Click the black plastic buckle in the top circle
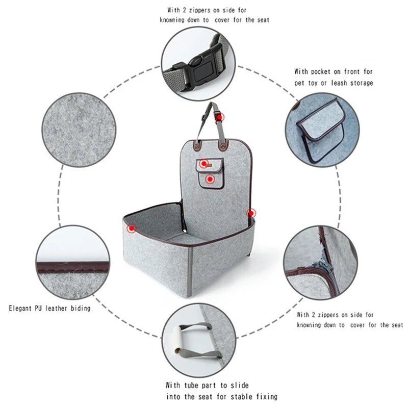click(x=200, y=67)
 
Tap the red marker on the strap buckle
click(x=219, y=117)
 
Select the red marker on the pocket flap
click(x=204, y=164)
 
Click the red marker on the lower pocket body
click(x=210, y=179)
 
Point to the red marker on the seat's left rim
click(x=132, y=228)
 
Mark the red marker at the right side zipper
click(x=251, y=213)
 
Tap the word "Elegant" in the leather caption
click(x=20, y=309)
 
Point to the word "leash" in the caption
click(x=339, y=83)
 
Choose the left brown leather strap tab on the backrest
click(x=197, y=145)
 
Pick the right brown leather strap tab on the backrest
click(x=223, y=145)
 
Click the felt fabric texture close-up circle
click(x=79, y=130)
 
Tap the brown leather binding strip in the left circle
click(x=73, y=267)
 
